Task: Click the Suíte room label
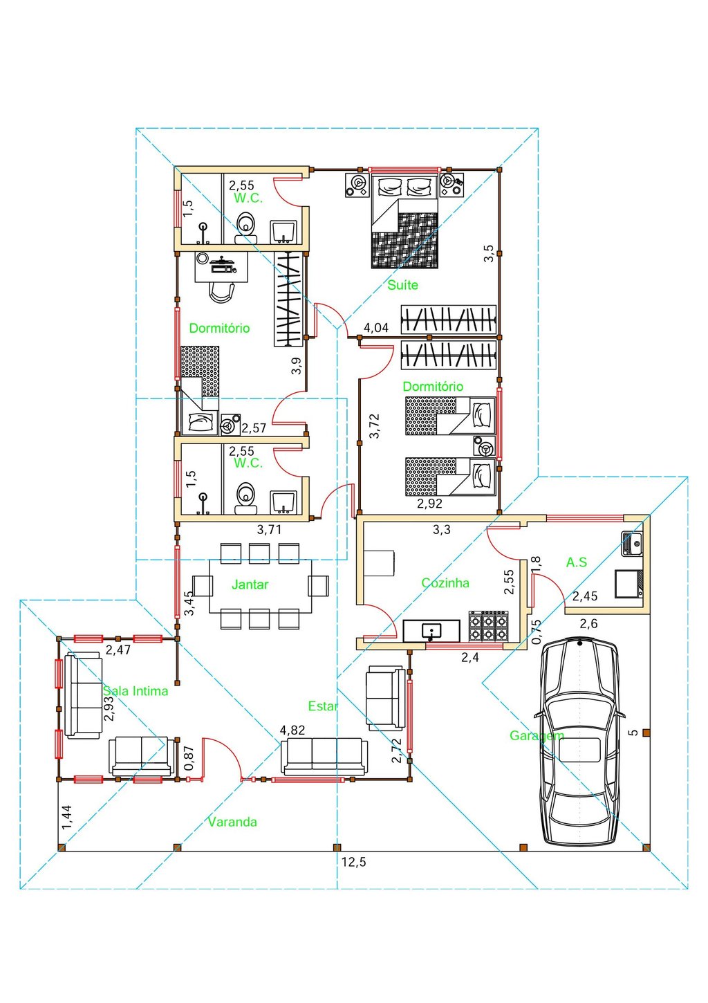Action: tap(402, 285)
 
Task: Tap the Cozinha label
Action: tap(445, 583)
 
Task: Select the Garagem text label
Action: tap(537, 735)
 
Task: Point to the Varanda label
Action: tap(232, 822)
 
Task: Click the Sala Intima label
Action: tap(136, 690)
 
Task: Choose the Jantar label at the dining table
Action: tap(250, 585)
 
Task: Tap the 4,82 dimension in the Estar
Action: tap(292, 730)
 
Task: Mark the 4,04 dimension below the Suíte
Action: tap(376, 328)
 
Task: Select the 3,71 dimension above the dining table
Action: tap(269, 530)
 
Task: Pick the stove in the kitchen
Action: tap(489, 627)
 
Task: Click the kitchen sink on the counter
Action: tap(431, 630)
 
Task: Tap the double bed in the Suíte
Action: tap(404, 221)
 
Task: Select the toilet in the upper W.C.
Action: tap(245, 225)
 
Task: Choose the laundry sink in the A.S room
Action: tap(632, 543)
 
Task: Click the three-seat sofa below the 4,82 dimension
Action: tap(324, 756)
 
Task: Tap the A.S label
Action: tap(577, 562)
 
